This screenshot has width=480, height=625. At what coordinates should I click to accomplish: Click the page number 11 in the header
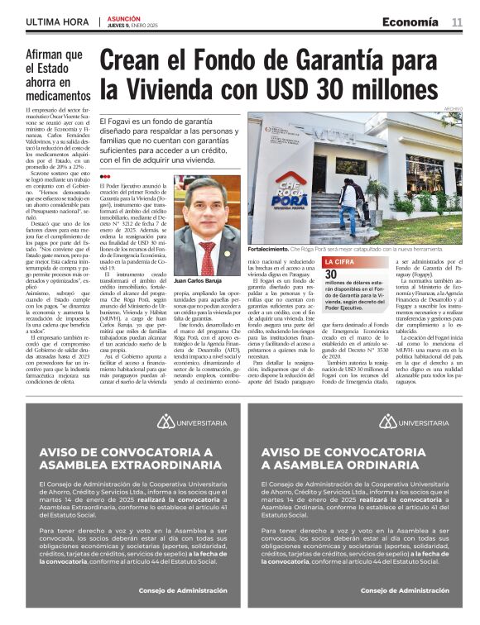click(x=456, y=22)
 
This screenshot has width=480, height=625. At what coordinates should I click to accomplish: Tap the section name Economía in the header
click(x=410, y=22)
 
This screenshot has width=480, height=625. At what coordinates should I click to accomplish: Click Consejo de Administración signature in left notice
click(x=183, y=591)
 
